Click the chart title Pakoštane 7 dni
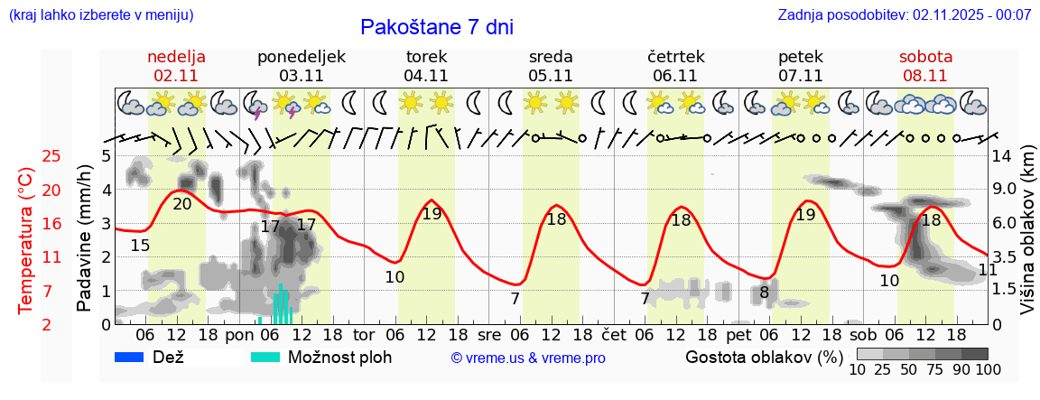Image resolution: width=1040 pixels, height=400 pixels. pyautogui.click(x=437, y=27)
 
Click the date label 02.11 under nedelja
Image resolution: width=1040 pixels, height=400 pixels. pyautogui.click(x=177, y=76)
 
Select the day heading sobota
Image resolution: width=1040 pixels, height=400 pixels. pyautogui.click(x=925, y=57)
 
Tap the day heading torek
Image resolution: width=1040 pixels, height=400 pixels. pyautogui.click(x=426, y=57)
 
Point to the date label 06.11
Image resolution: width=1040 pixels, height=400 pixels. pyautogui.click(x=675, y=76)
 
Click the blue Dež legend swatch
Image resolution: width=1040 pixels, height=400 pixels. pyautogui.click(x=135, y=357)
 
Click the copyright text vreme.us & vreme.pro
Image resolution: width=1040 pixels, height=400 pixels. pyautogui.click(x=528, y=358)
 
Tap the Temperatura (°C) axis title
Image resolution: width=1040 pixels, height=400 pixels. pyautogui.click(x=27, y=240)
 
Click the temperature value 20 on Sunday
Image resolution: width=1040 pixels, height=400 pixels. pyautogui.click(x=182, y=204)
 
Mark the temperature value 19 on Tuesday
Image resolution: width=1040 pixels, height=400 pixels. pyautogui.click(x=432, y=214)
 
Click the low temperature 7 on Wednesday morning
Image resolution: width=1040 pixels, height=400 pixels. pyautogui.click(x=515, y=299)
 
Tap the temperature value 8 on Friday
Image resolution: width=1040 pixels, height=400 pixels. pyautogui.click(x=764, y=293)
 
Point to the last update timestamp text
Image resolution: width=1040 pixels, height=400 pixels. pyautogui.click(x=905, y=15)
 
